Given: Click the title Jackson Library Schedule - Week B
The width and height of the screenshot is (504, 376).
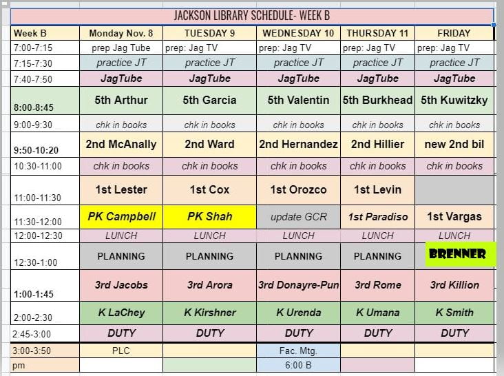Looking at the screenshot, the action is coord(252,16).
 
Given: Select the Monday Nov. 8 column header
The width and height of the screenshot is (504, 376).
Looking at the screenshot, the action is coord(121,33).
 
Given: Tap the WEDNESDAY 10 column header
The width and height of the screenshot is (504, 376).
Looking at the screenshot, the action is coord(298,33).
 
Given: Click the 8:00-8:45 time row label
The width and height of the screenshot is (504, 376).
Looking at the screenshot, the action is coord(34,107).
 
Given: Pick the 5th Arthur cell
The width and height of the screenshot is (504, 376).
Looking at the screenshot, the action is coord(121,101).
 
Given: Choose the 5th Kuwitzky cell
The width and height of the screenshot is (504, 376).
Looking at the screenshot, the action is coord(454,101).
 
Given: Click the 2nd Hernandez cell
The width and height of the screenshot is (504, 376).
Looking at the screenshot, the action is coord(298,145).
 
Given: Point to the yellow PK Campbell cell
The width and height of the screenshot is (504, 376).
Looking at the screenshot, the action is coord(121,217).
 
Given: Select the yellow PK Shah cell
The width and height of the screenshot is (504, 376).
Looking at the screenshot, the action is coord(209,217).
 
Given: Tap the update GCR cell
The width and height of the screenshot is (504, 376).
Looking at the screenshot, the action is coord(298,217).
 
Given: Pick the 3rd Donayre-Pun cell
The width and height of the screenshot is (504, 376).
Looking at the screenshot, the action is coord(298,285).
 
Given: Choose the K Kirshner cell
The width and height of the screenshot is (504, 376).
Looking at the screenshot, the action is coord(209,313).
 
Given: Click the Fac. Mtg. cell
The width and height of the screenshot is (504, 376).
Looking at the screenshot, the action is coord(298,351).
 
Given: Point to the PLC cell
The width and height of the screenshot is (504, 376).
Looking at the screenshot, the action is coord(121,351).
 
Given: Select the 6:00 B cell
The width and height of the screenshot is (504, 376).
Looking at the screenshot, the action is coord(298,365).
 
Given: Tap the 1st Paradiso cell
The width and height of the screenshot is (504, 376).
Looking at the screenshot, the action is coord(378,217).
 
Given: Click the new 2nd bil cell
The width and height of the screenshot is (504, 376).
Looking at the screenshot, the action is coord(454,145).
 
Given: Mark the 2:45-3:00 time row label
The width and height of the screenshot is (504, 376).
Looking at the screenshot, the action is coord(32,334).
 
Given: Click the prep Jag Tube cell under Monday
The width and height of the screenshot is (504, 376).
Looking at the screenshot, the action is coord(121,48).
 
